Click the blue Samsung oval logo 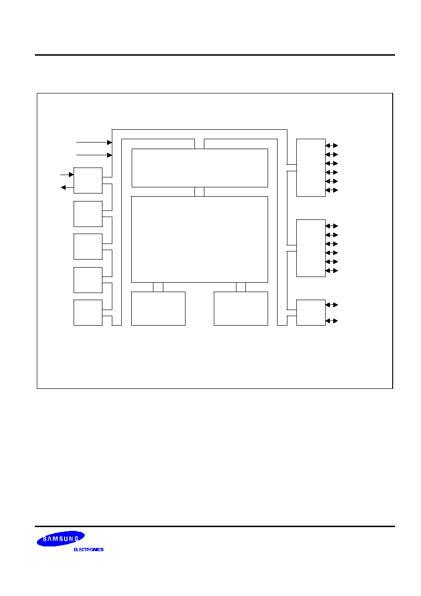[61, 538]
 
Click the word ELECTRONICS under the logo [89, 549]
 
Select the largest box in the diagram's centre [200, 239]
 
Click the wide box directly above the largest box [200, 168]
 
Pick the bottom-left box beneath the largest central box [158, 309]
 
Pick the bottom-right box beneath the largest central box [241, 309]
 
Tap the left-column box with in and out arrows [88, 180]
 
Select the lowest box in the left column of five [88, 313]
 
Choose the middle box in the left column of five [88, 247]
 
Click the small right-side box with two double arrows [311, 313]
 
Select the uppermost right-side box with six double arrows [311, 168]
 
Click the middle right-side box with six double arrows [311, 248]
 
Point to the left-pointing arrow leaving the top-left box [67, 188]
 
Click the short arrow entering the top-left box [67, 175]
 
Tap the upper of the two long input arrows [94, 143]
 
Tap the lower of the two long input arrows [94, 155]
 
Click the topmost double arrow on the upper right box [332, 145]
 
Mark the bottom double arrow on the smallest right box [332, 321]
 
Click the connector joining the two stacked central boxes [199, 192]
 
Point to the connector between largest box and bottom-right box [241, 287]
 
